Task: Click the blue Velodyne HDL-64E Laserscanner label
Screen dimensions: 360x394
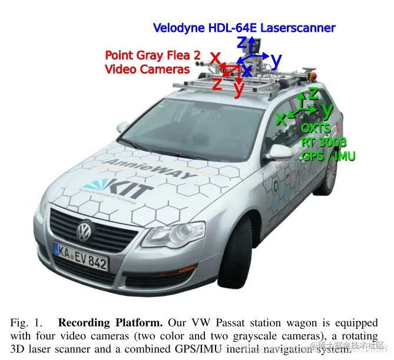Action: pyautogui.click(x=244, y=28)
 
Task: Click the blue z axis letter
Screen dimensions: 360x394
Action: pyautogui.click(x=242, y=42)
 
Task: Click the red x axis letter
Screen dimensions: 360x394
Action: pyautogui.click(x=216, y=58)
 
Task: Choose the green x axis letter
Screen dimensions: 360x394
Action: pyautogui.click(x=282, y=118)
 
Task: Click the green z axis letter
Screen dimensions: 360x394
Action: pyautogui.click(x=313, y=93)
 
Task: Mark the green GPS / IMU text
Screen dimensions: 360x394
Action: pyautogui.click(x=328, y=156)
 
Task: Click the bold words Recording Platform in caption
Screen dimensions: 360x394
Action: pyautogui.click(x=109, y=323)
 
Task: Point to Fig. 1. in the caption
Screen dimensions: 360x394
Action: pyautogui.click(x=26, y=323)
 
